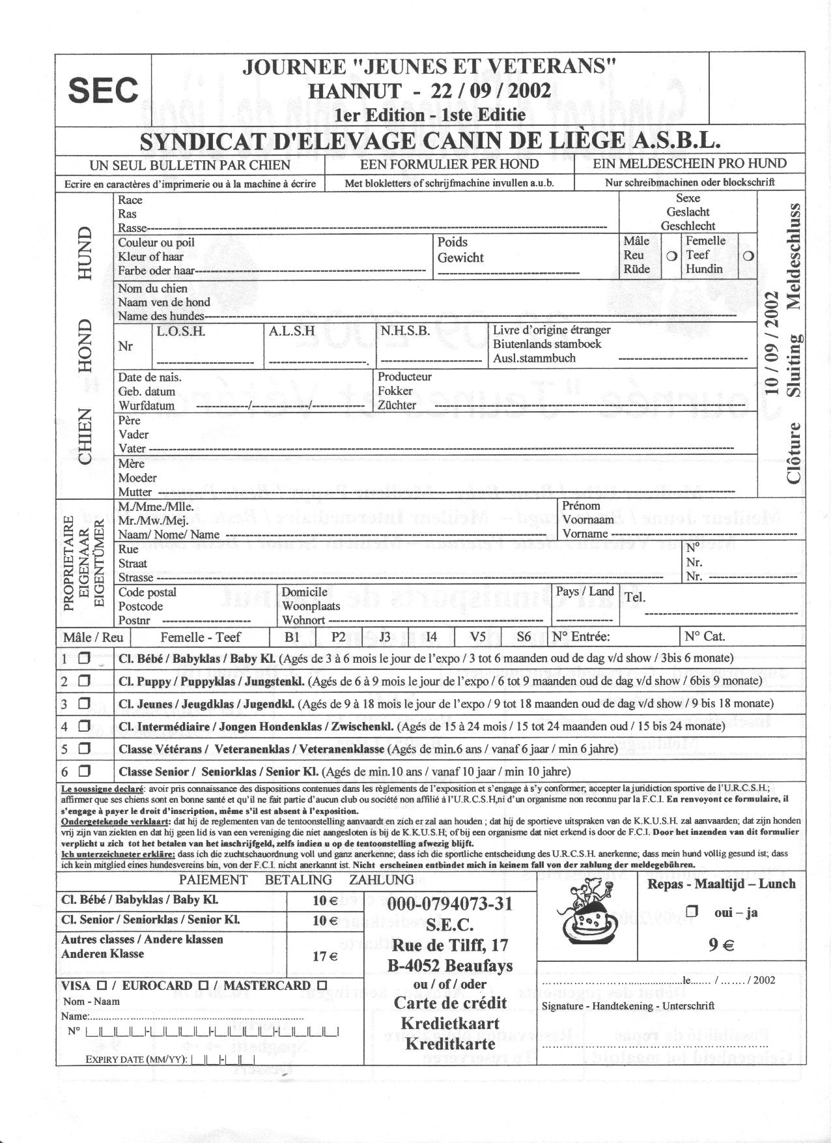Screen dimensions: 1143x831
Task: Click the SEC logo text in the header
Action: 103,90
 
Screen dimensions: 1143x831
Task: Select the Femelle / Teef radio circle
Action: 748,256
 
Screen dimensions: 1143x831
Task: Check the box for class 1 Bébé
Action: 83,658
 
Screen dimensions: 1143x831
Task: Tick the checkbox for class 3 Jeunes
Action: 83,704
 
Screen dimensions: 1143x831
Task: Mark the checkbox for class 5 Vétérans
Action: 83,749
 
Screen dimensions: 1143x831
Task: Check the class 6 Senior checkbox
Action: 83,772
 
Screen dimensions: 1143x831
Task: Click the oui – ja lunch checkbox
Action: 692,912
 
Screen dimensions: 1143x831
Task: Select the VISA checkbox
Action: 102,985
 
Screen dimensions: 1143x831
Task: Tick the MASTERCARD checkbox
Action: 322,985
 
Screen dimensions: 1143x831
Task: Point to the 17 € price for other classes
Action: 324,957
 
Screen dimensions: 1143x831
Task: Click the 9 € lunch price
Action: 721,944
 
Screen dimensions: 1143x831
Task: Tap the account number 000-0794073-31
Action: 449,904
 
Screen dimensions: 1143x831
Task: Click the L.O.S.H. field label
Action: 181,331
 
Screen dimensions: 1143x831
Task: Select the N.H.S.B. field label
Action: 405,331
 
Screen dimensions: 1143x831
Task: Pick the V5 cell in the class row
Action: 478,637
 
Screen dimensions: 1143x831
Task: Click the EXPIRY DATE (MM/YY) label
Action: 136,1059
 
